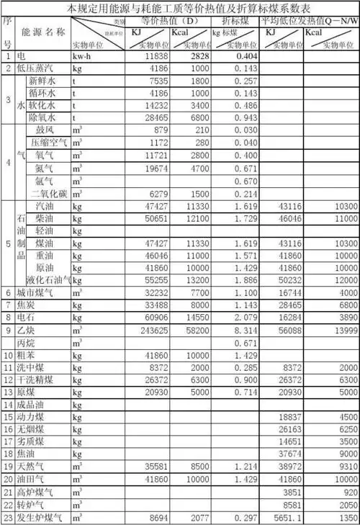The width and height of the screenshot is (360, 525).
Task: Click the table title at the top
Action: [179, 9]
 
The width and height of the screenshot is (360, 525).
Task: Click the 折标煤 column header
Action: [235, 22]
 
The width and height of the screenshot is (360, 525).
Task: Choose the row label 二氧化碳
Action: [48, 194]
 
